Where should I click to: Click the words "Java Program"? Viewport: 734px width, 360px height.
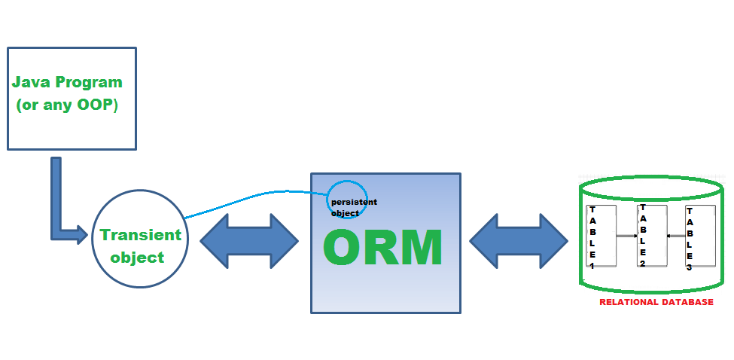[x=67, y=82]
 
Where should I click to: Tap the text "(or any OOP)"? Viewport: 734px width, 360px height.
[x=67, y=105]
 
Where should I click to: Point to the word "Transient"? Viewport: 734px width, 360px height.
[x=141, y=234]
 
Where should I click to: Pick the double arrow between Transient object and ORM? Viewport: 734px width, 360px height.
[x=249, y=241]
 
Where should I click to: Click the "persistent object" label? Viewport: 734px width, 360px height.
[x=354, y=207]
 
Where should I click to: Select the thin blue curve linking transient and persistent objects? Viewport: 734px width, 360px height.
[x=248, y=197]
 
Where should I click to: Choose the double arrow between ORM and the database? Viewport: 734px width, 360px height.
[x=519, y=241]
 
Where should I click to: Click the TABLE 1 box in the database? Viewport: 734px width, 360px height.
[x=602, y=236]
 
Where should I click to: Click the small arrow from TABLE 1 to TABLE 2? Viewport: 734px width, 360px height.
[x=626, y=236]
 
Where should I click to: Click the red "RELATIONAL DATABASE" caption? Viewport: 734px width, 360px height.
[x=656, y=302]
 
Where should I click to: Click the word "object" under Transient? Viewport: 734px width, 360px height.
[x=137, y=258]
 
